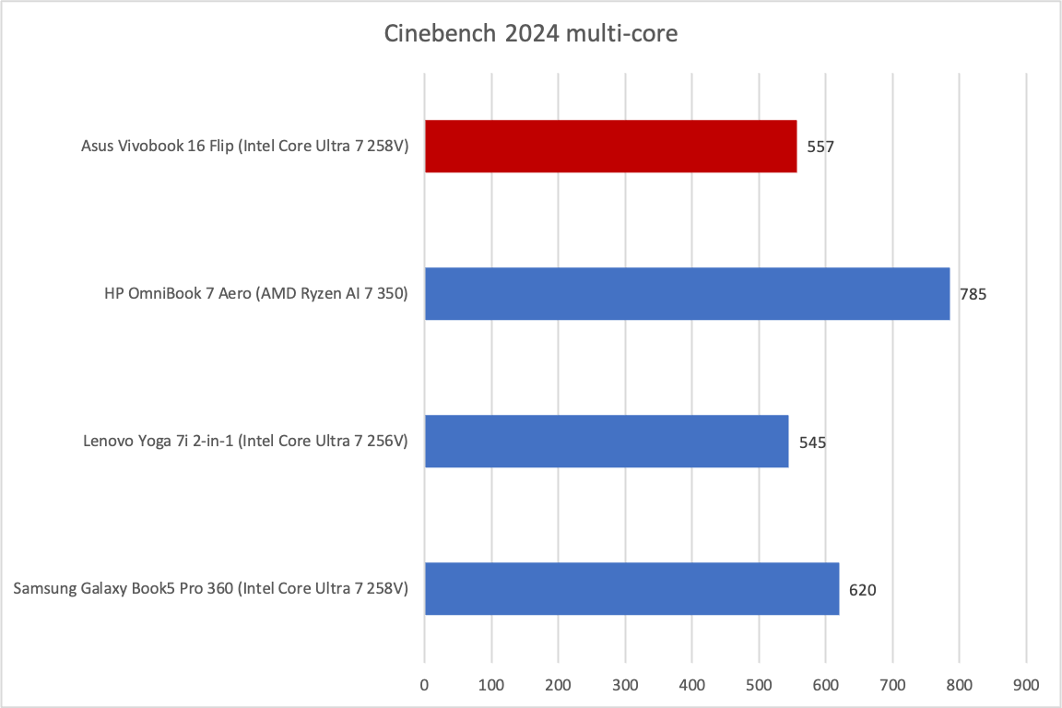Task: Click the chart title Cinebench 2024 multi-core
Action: tap(531, 35)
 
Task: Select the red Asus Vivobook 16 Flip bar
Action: tap(610, 146)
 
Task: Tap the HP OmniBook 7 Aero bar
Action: tap(687, 294)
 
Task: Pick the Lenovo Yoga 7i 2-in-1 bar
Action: tap(606, 442)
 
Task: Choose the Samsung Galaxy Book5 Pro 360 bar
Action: tap(631, 589)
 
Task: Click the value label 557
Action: tap(820, 147)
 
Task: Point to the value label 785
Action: tap(973, 295)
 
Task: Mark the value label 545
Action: tap(812, 442)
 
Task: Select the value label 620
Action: tap(863, 590)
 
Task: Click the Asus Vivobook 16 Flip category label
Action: tap(245, 147)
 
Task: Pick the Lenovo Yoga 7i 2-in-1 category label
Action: tap(244, 442)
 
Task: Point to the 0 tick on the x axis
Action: tap(424, 685)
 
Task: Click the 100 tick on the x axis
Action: tap(491, 685)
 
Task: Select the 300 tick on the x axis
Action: tap(625, 685)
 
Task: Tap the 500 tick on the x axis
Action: tap(759, 685)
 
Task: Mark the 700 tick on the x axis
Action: tap(892, 685)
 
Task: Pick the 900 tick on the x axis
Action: tap(1026, 685)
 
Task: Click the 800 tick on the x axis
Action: tap(960, 685)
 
